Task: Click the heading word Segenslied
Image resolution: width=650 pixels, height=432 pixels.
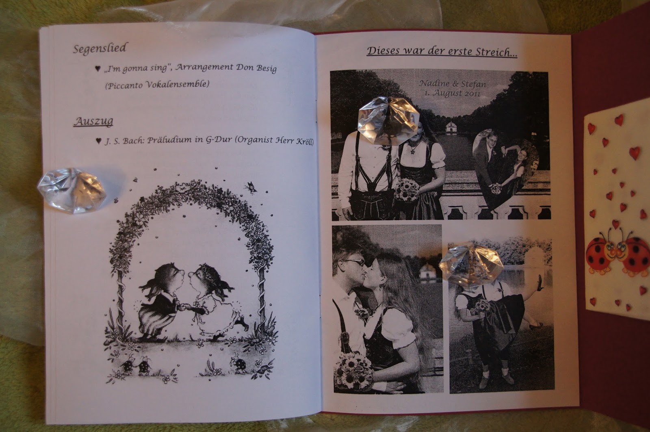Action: tap(100, 49)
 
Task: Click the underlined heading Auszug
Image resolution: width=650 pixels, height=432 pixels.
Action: tap(93, 121)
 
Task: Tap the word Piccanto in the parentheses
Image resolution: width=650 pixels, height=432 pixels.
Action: tap(124, 85)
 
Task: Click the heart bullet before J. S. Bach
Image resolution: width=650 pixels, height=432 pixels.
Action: tap(99, 141)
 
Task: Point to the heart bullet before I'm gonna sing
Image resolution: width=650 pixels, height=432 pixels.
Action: tap(98, 69)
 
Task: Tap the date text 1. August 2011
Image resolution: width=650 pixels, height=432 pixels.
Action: tap(453, 93)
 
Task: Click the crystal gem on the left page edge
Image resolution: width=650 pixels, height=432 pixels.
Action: tap(71, 191)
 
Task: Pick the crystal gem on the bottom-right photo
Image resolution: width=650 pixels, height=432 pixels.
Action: tap(471, 265)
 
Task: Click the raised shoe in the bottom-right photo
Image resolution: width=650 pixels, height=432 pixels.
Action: tap(539, 283)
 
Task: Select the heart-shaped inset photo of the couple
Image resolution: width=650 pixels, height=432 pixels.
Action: tap(505, 169)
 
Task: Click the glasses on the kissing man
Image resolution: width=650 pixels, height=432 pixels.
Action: tap(354, 262)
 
